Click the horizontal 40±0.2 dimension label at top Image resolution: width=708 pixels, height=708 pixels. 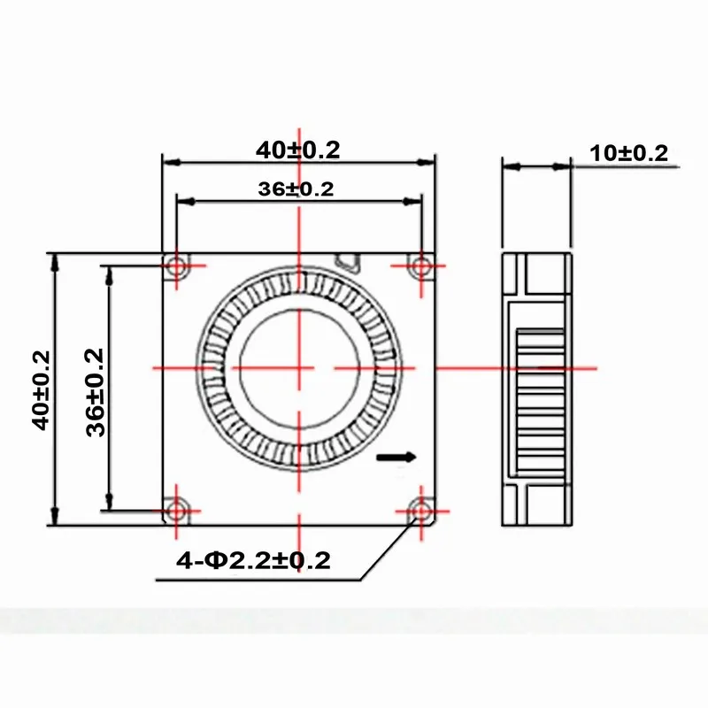[298, 150]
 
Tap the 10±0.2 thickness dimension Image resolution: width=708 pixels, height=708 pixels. [629, 152]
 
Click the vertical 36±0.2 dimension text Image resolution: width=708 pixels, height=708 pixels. [96, 390]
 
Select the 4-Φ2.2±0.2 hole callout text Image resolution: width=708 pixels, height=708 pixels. [254, 560]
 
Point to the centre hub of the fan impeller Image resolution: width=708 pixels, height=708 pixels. [299, 366]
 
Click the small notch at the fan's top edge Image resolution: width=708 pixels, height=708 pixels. [349, 261]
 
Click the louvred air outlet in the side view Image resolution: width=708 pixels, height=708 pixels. [541, 389]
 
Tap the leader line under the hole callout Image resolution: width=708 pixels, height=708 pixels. [265, 580]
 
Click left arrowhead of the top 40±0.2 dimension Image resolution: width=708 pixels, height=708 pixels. [169, 163]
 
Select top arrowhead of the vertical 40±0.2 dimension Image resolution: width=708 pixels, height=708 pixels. [56, 259]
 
